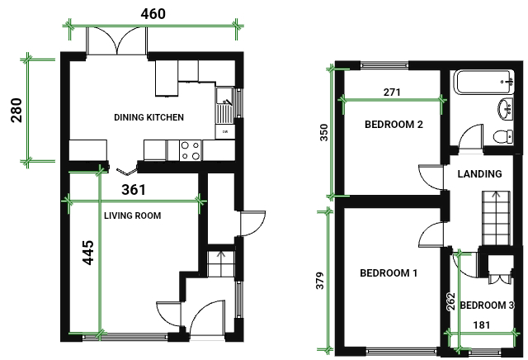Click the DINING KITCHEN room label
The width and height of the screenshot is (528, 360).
click(148, 117)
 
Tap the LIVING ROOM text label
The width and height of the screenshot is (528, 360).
click(132, 216)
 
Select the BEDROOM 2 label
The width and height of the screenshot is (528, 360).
click(394, 125)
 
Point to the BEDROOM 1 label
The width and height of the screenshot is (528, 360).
click(389, 272)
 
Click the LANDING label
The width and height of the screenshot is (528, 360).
click(479, 173)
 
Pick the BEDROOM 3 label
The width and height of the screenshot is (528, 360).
click(488, 305)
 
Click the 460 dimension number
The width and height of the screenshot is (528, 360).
click(153, 14)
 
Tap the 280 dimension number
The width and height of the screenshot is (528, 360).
click(16, 110)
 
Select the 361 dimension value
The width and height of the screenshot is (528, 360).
click(134, 190)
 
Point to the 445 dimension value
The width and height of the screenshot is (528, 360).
click(88, 253)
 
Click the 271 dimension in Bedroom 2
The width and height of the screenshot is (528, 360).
click(392, 92)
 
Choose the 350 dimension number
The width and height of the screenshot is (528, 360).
click(323, 132)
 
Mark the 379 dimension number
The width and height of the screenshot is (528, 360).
click(320, 281)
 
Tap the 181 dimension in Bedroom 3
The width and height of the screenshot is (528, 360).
click(482, 325)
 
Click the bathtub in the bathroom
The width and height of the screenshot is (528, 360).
click(484, 82)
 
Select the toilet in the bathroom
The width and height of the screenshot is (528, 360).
click(504, 136)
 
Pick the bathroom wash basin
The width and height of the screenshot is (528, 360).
click(506, 108)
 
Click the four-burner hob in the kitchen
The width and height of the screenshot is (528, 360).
click(191, 150)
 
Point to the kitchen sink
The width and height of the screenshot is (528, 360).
click(224, 105)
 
